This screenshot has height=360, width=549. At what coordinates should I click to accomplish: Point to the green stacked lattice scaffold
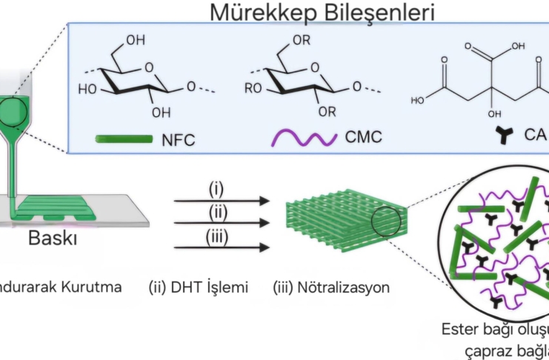click(x=337, y=221)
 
